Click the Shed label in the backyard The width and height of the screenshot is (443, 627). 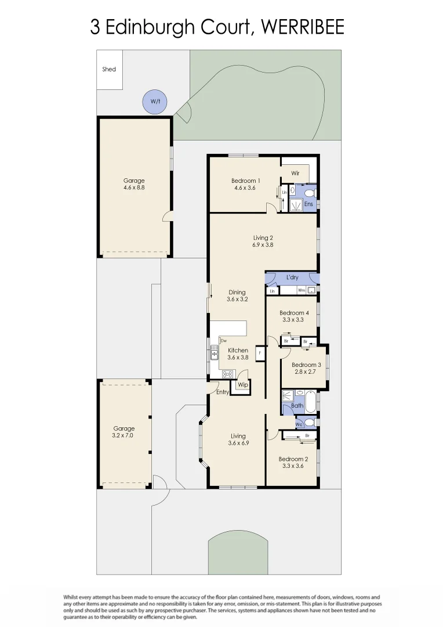tap(109, 69)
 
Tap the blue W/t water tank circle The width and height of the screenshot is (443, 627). tap(155, 102)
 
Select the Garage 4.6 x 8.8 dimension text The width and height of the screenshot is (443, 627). tap(134, 188)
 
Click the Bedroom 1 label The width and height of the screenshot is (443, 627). tap(245, 181)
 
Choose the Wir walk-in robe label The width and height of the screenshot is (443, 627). tap(295, 173)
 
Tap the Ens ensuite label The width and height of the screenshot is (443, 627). tap(308, 204)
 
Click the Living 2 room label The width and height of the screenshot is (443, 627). tap(263, 237)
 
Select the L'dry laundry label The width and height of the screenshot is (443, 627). tap(292, 278)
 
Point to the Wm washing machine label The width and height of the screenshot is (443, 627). tap(302, 290)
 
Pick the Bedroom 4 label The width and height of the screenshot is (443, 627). tap(294, 313)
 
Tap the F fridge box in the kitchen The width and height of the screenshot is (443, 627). tap(260, 352)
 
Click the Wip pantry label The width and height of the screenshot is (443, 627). tap(243, 385)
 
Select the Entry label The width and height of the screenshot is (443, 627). tap(223, 392)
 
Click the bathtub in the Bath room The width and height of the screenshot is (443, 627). tap(311, 401)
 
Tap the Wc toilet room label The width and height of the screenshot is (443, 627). tap(299, 424)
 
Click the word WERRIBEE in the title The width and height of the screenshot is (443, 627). tap(302, 27)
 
